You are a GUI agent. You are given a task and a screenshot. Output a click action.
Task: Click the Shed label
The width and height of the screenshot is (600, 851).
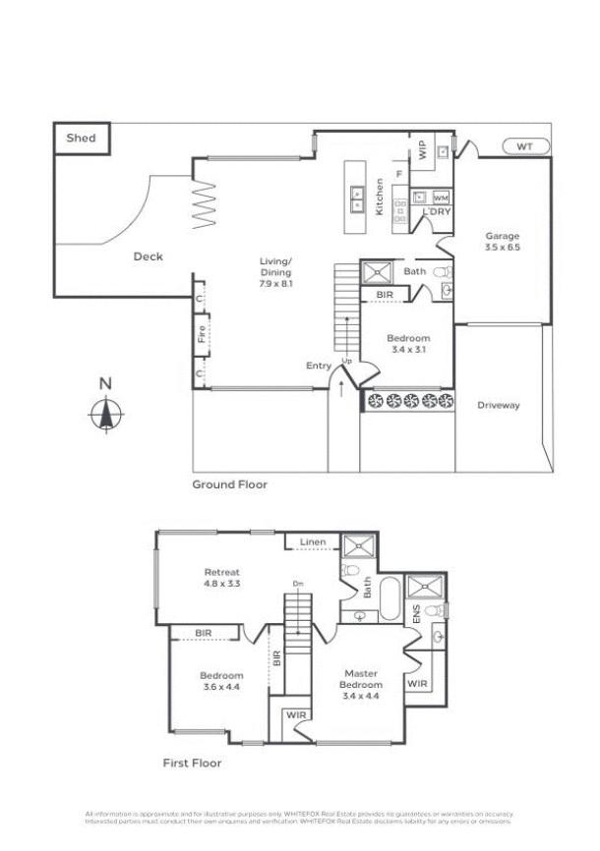pyautogui.click(x=81, y=139)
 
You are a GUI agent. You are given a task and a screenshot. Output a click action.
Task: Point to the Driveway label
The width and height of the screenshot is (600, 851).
pyautogui.click(x=499, y=405)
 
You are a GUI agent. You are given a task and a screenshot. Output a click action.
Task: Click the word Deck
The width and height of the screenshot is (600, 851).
pyautogui.click(x=148, y=256)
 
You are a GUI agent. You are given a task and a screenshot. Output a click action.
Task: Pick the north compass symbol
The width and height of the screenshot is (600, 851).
pyautogui.click(x=105, y=413)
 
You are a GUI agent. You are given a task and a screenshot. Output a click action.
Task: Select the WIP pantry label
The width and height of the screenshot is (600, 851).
pyautogui.click(x=422, y=150)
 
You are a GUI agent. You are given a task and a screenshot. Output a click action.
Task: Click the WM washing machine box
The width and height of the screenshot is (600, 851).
pyautogui.click(x=440, y=198)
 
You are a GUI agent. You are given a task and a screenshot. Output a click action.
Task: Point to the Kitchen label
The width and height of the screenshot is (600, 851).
pyautogui.click(x=380, y=196)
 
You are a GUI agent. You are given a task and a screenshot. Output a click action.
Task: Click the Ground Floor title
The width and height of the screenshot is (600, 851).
pyautogui.click(x=229, y=484)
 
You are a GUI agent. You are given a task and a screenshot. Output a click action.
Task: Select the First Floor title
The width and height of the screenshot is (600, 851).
pyautogui.click(x=192, y=763)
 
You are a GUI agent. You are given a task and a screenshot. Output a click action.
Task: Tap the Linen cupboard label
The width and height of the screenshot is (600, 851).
pyautogui.click(x=313, y=541)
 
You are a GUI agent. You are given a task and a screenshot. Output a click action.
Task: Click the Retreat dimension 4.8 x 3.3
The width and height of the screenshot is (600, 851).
pyautogui.click(x=222, y=584)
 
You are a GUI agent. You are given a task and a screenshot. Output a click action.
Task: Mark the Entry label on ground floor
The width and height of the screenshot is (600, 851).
pyautogui.click(x=319, y=366)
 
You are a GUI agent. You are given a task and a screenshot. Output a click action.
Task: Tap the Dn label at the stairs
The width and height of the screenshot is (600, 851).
pyautogui.click(x=296, y=585)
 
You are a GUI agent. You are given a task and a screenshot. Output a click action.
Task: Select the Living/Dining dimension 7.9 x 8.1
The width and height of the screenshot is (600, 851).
pyautogui.click(x=276, y=283)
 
